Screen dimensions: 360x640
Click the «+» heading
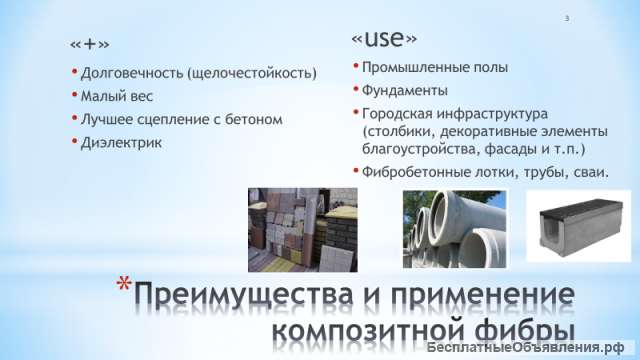tap(90, 47)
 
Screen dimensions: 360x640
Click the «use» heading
tap(384, 39)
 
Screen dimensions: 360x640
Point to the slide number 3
tap(566, 18)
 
